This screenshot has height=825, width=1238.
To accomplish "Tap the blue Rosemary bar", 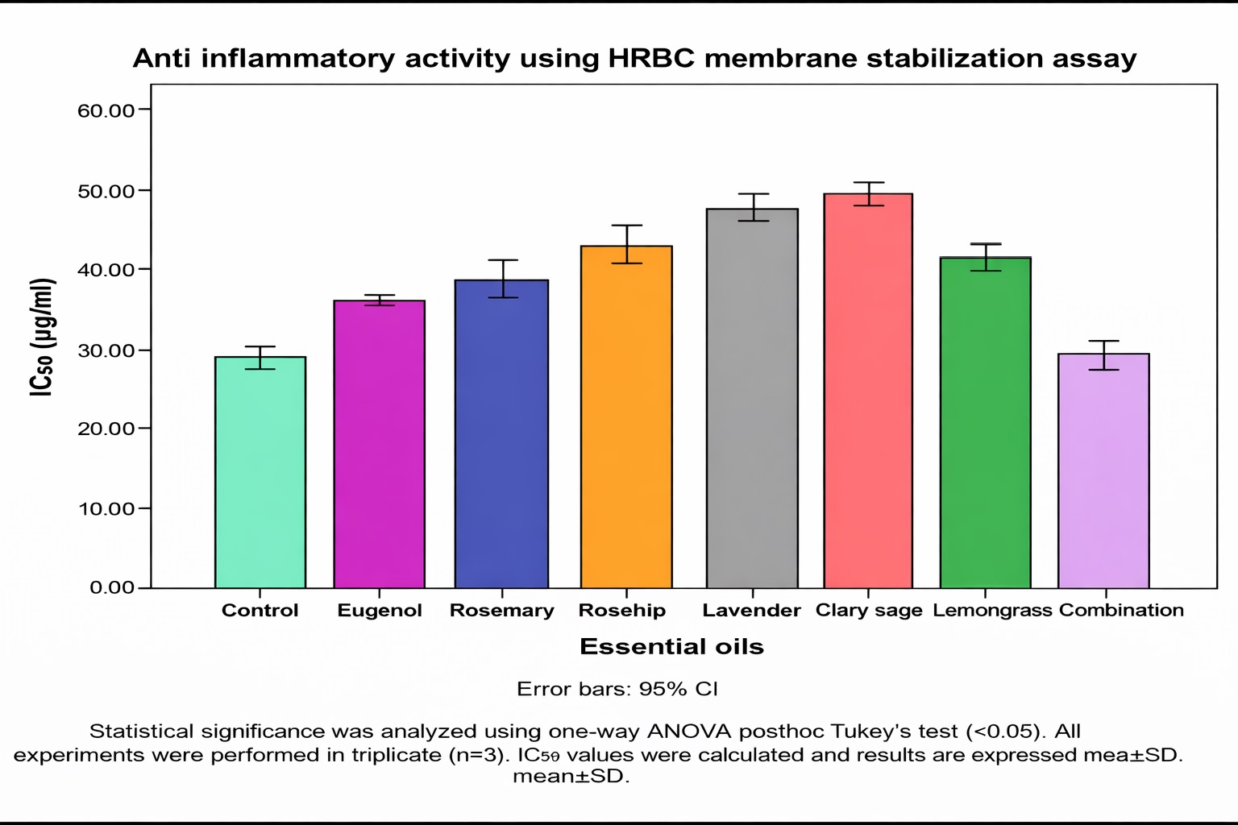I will coord(501,434).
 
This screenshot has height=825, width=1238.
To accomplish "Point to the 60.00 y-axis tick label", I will coord(106,110).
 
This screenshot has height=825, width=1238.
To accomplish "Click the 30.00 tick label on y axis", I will coord(106,350).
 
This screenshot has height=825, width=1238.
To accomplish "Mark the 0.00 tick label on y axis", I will coord(112,587).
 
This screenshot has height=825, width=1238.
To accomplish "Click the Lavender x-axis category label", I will coord(751,611).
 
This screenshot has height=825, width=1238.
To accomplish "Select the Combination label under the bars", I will coord(1121,611).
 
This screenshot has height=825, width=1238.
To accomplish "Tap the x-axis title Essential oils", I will coord(671,647).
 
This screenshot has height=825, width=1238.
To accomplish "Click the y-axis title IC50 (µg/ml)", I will coord(43,337).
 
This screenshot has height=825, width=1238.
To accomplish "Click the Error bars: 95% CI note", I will coord(617,690).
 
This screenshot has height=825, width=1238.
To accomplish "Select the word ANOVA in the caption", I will coord(689,732).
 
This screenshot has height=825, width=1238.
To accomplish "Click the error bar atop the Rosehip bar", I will coord(626,243).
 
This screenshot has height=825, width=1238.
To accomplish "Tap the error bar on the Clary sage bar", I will coord(868,193).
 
